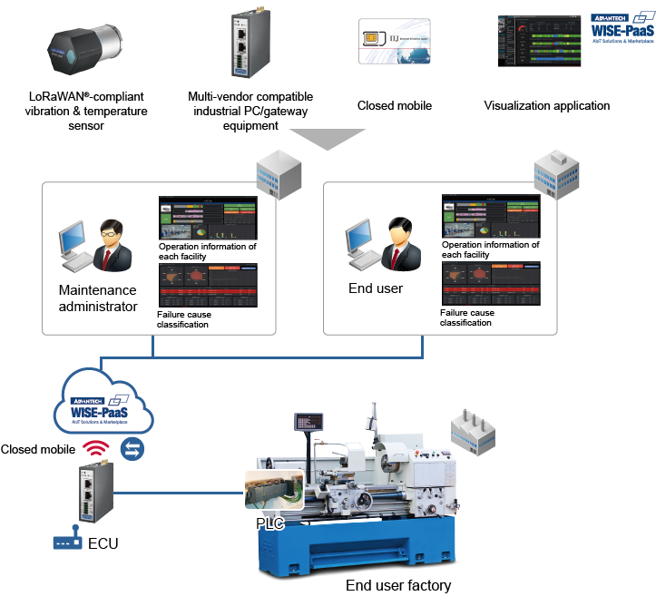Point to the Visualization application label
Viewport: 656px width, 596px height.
click(547, 106)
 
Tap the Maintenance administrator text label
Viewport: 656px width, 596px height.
click(98, 298)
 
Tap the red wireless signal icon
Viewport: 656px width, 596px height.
click(93, 449)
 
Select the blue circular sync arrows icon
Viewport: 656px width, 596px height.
click(133, 449)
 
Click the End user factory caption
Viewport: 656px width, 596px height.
click(398, 585)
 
